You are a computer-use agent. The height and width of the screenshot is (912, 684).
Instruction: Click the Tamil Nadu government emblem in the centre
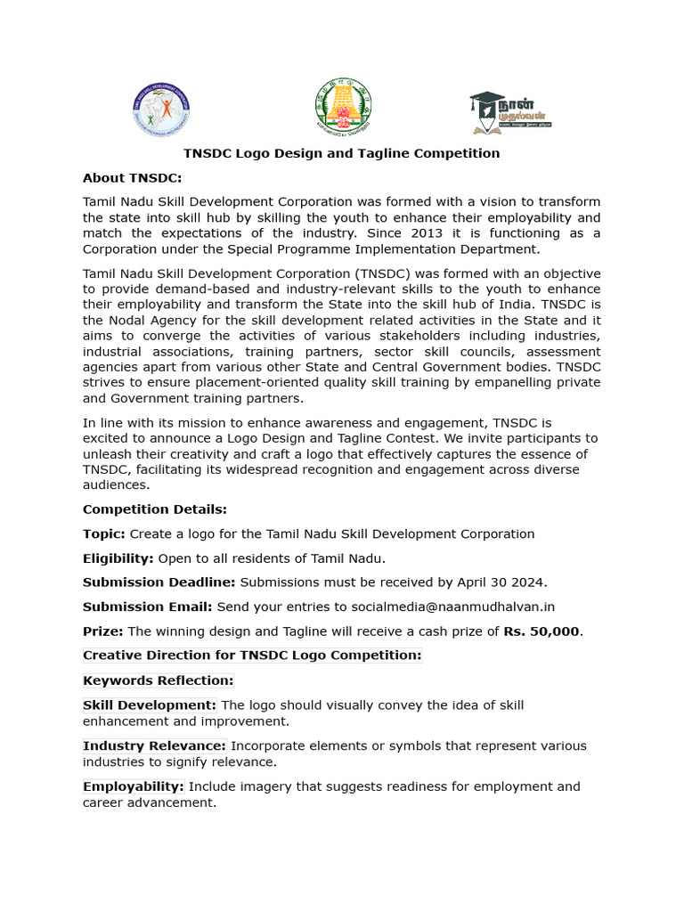point(343,107)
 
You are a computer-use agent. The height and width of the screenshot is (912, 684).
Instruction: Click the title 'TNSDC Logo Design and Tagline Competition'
point(341,153)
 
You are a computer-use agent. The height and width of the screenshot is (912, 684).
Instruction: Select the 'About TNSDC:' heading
point(132,177)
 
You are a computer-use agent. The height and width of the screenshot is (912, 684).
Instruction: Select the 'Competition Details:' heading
point(155,509)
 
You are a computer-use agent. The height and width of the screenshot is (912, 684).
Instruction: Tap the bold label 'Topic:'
point(104,533)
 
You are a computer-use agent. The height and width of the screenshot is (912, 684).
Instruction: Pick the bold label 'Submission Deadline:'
point(159,582)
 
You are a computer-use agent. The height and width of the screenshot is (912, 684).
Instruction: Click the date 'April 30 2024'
point(500,582)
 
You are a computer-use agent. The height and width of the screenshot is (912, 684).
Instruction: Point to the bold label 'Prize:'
point(103,631)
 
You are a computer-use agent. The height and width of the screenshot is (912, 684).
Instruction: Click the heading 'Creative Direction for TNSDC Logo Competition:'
point(252,655)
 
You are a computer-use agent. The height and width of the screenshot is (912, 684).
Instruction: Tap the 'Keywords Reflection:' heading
point(159,680)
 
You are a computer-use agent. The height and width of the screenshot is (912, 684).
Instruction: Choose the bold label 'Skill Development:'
point(150,705)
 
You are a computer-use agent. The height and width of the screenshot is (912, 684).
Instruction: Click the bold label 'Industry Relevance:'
point(155,745)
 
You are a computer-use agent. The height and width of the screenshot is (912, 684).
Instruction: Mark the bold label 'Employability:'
point(134,786)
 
